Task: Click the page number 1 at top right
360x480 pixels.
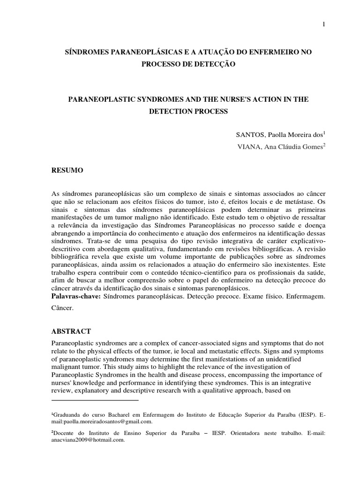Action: tap(323, 24)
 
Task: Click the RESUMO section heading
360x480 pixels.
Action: tap(67, 171)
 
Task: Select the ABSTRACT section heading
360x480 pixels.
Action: tap(71, 331)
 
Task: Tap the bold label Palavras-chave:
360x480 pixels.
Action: tap(76, 297)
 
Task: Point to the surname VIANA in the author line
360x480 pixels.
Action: tap(249, 146)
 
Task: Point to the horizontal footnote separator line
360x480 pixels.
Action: tap(95, 400)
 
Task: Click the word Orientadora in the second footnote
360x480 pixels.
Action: tap(247, 433)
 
